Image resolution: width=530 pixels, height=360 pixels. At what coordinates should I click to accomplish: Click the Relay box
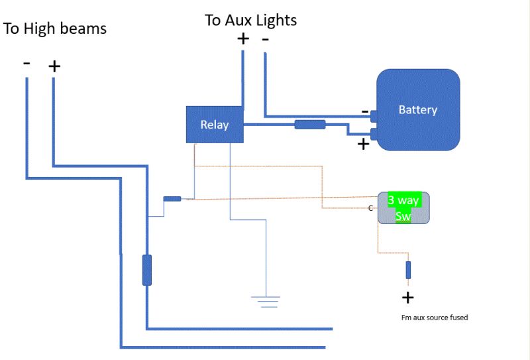tap(215, 125)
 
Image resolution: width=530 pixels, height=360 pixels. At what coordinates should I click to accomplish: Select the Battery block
tap(418, 109)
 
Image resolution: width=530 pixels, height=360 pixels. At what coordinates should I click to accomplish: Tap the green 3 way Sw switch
tap(403, 208)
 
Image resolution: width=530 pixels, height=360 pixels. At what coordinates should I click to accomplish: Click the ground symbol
tap(266, 302)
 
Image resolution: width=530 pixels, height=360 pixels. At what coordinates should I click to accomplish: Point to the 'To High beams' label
tap(55, 29)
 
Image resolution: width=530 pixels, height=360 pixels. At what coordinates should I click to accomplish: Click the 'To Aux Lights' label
tap(251, 21)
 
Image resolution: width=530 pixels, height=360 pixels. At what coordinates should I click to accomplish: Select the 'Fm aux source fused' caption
tap(435, 318)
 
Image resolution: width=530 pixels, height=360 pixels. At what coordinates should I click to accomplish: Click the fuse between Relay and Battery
tap(310, 125)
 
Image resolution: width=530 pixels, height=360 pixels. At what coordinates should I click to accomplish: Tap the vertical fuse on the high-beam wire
tap(147, 270)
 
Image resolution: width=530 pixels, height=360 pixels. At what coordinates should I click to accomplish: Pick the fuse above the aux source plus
tap(408, 270)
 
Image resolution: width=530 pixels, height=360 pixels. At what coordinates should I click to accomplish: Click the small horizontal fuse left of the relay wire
tap(172, 199)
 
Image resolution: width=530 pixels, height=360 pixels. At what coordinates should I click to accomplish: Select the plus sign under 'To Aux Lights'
tap(243, 38)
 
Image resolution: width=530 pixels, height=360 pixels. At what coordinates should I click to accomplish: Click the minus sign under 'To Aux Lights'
tap(266, 40)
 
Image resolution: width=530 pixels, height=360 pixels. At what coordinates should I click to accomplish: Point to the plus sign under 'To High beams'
tap(54, 66)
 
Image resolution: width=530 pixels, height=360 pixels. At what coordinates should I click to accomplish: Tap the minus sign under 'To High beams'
tap(26, 63)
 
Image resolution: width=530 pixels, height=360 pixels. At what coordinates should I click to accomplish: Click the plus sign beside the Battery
tap(363, 145)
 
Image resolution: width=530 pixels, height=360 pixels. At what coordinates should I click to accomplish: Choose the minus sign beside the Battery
tap(365, 111)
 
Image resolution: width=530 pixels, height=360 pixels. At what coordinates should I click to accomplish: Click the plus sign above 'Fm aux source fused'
tap(408, 298)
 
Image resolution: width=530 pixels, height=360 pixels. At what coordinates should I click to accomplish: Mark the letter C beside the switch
tap(370, 208)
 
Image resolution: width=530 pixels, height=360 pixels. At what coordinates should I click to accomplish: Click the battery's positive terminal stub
tap(374, 134)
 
